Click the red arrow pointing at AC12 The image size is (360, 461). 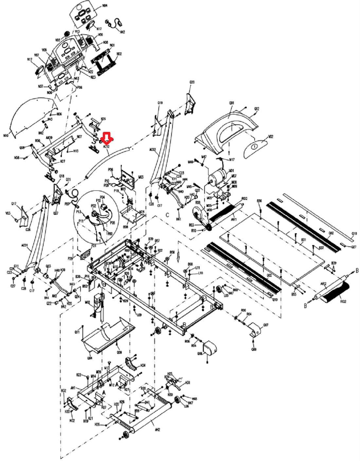pos(107,138)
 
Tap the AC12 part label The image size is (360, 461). pos(106,147)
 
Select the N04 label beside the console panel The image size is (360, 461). pos(105,6)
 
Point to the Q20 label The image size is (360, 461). pos(192,82)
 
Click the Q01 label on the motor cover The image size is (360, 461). pos(231,103)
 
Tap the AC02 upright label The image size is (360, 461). pos(153,150)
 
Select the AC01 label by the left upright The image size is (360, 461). pos(25,245)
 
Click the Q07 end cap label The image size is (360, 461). pos(266,325)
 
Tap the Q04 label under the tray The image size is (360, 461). pos(90,358)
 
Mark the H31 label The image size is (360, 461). pos(188,382)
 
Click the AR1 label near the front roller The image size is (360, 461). pos(234,220)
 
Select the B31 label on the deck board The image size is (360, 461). pos(303,240)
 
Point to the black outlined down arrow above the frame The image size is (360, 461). pos(178,257)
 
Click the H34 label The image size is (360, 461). pos(143,365)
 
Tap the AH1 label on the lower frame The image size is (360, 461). pos(73,388)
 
